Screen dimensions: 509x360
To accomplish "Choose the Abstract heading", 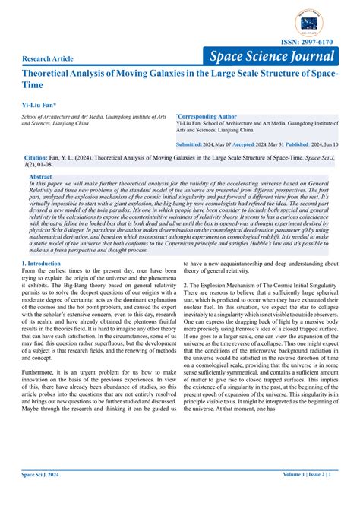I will pyautogui.click(x=40, y=176).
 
